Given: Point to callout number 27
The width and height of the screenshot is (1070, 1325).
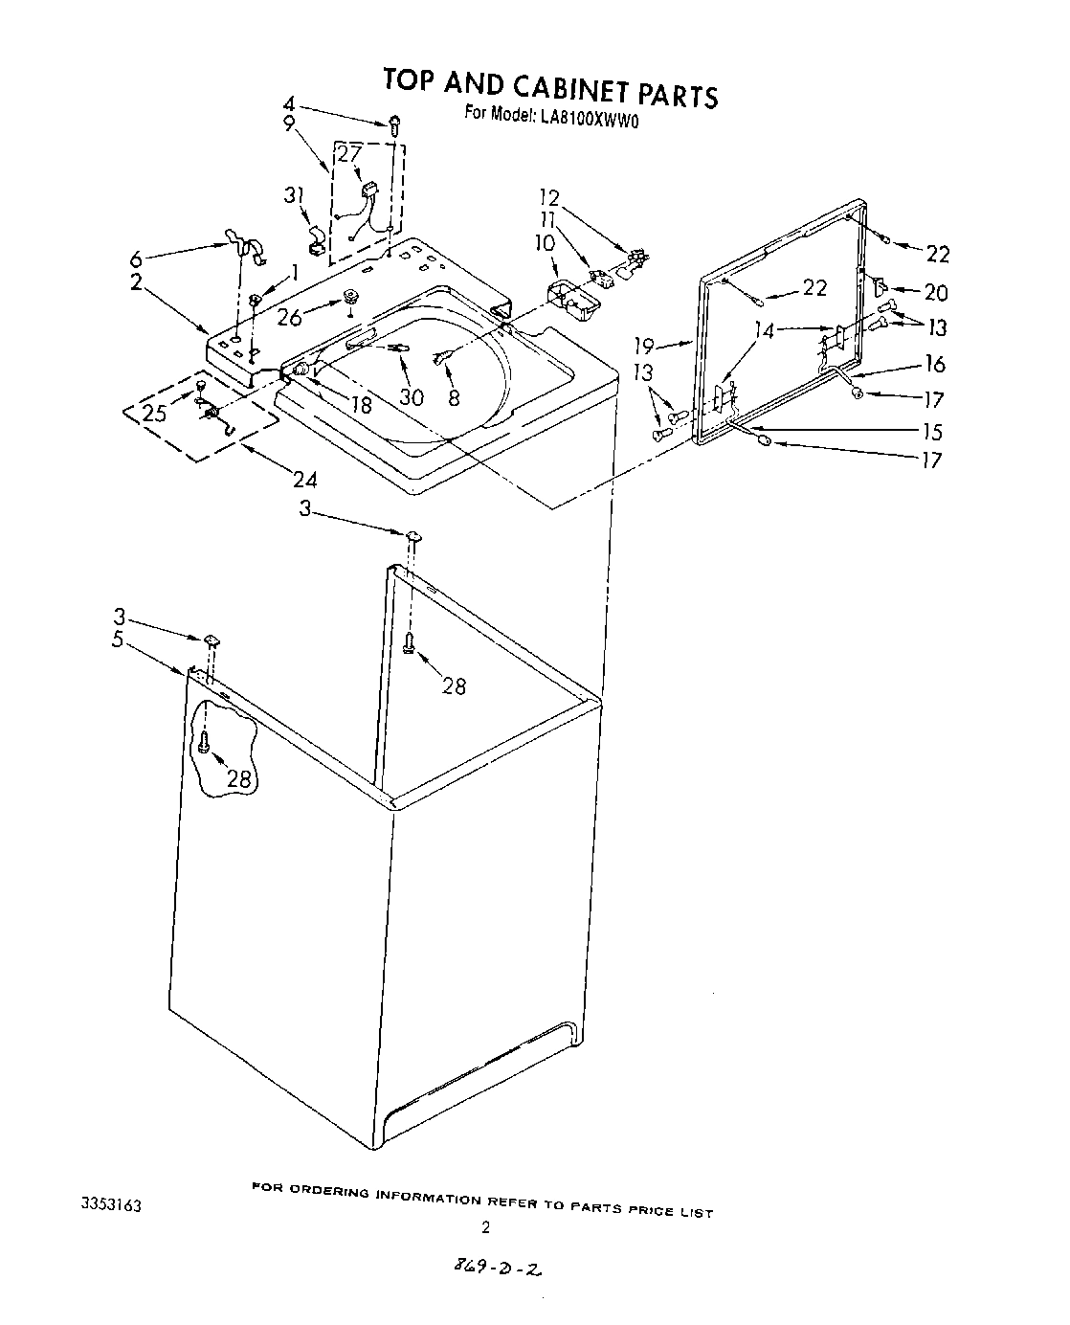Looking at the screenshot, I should pos(349,154).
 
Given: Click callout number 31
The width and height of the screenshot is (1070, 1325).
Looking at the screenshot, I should pos(295,194).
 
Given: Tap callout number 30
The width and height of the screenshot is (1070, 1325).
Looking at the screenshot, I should pos(412,395).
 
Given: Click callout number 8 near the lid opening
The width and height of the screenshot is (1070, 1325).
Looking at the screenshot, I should pos(454,395).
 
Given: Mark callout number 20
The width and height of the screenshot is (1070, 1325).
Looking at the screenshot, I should pos(935,292).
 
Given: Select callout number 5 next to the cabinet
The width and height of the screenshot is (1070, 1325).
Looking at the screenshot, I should pos(118,640).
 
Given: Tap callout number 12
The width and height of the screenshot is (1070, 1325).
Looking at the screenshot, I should pos(548,198).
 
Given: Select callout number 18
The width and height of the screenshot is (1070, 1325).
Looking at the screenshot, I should pos(362,404).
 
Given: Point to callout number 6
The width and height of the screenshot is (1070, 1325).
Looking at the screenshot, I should pos(135,258).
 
